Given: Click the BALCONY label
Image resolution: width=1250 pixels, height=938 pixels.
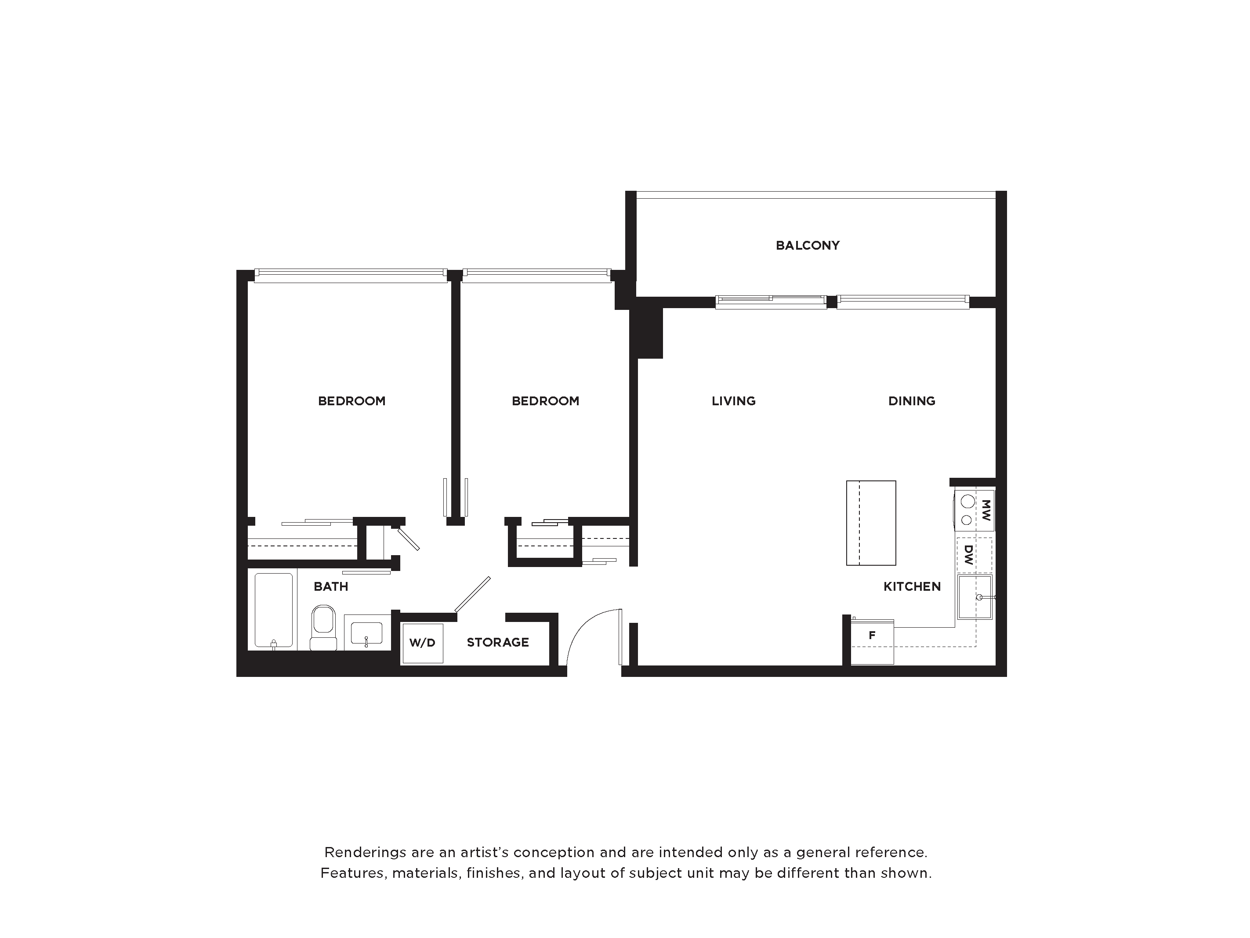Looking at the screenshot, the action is [808, 245].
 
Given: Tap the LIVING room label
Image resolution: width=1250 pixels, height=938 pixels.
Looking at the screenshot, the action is [733, 401].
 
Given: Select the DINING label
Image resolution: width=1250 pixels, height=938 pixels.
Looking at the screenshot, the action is [912, 401].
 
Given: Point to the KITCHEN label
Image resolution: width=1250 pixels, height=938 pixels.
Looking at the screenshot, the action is [912, 586].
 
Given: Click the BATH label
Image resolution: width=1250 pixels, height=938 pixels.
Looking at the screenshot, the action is [330, 586].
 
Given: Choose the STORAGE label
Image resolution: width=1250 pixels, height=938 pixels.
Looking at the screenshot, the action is [498, 642].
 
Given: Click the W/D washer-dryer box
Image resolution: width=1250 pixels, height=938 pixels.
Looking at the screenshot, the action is [422, 643].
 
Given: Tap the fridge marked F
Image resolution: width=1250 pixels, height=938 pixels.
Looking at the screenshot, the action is [872, 642].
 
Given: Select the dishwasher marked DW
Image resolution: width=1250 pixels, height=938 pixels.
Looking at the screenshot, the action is [974, 555].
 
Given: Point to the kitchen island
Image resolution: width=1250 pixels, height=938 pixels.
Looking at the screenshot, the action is [871, 523].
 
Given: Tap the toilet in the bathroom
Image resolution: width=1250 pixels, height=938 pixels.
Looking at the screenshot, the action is [323, 628].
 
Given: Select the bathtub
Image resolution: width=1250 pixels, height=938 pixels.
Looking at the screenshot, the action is [274, 610].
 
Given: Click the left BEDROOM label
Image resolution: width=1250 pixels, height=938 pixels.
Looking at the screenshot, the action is [351, 401].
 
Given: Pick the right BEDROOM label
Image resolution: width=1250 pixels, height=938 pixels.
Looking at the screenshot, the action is [545, 401].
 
